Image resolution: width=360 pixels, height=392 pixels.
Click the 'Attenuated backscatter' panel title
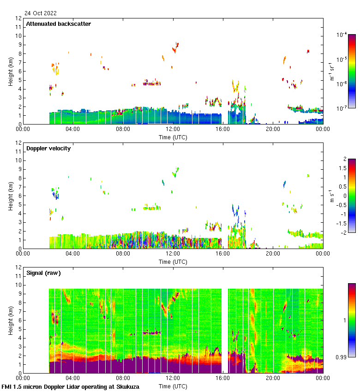pos(58,24)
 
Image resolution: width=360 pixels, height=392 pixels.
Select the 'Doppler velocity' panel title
pos(48,148)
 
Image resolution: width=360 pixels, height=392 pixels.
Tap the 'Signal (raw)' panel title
pos(43,273)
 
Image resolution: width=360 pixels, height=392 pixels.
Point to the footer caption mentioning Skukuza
pos(70,386)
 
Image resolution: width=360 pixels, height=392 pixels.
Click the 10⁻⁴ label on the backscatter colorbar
pos(342,35)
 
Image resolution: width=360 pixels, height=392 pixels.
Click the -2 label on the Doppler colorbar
pos(343,232)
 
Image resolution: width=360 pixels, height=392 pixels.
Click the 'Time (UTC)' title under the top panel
pos(173,137)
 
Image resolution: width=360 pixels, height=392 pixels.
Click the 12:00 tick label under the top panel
pos(173,130)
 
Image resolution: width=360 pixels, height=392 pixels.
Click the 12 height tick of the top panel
pos(19,18)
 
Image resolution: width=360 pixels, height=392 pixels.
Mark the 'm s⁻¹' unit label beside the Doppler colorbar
pos(331,196)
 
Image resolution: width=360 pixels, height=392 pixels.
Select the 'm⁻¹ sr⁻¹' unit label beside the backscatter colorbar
pos(331,71)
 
